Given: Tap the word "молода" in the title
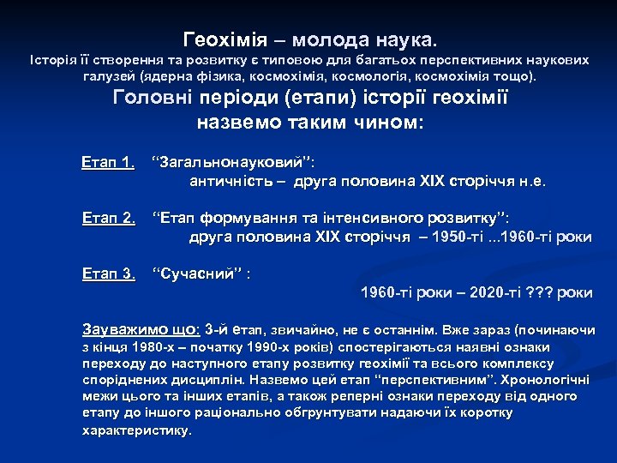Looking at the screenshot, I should pyautogui.click(x=329, y=40).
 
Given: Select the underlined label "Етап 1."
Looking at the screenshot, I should pyautogui.click(x=109, y=163).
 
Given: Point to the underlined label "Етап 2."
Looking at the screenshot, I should pyautogui.click(x=109, y=219).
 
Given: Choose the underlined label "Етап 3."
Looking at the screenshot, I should pyautogui.click(x=109, y=274).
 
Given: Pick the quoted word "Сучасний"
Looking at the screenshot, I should pyautogui.click(x=198, y=274).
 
